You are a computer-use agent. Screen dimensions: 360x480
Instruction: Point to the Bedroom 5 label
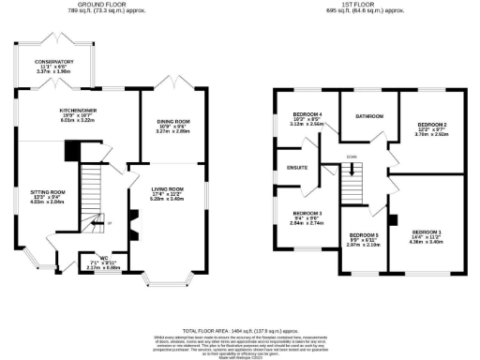363,236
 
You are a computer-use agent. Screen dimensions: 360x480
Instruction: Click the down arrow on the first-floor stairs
352,171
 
